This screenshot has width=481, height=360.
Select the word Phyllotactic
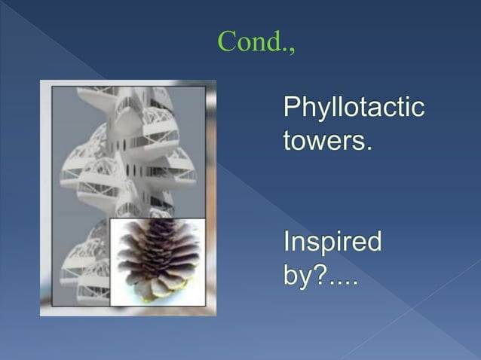353,108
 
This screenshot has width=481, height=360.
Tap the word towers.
327,140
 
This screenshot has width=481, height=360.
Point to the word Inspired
332,243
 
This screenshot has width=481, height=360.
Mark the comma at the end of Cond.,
291,50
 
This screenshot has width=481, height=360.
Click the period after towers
369,146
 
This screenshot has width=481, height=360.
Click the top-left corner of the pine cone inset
111,218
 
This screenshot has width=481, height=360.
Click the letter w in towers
317,141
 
